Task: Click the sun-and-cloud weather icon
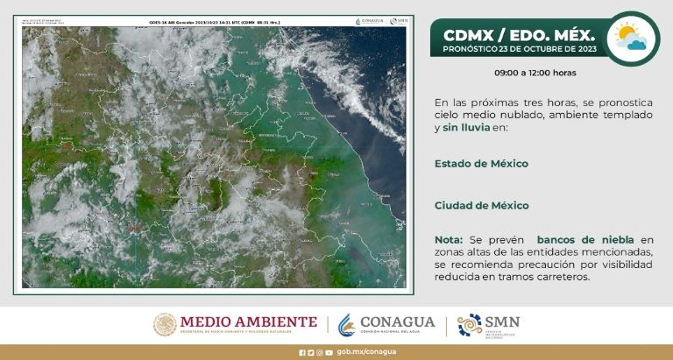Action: click(632, 38)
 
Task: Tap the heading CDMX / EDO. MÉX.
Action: click(519, 35)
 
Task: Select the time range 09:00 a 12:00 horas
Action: click(535, 73)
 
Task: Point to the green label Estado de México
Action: click(481, 164)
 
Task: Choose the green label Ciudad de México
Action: click(481, 206)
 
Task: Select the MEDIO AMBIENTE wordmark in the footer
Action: click(249, 323)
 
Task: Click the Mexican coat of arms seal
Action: click(165, 324)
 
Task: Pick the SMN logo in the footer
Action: click(488, 324)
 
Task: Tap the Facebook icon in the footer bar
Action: click(302, 352)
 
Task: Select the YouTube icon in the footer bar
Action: click(329, 352)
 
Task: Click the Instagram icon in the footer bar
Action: click(320, 352)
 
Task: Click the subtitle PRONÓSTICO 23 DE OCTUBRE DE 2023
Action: click(520, 51)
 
